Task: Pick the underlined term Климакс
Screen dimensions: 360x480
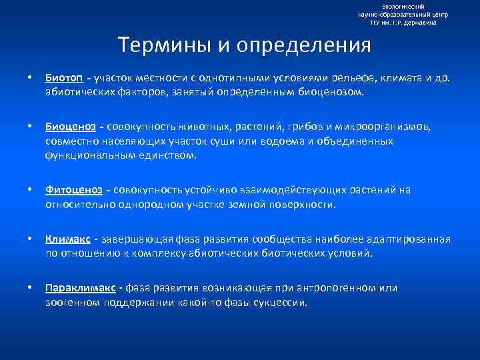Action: click(68, 239)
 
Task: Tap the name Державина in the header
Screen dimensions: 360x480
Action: click(423, 22)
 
